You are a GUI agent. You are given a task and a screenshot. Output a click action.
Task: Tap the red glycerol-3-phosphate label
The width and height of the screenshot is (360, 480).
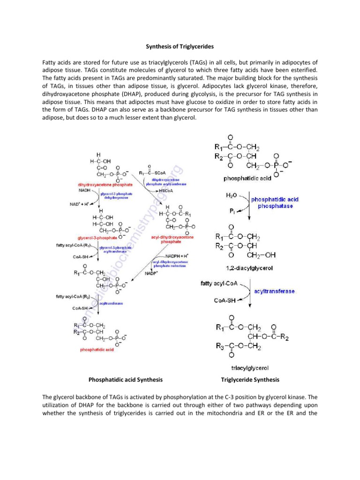coord(97,238)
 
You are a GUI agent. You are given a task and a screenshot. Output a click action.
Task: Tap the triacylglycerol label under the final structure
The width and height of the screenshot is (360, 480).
coord(248,368)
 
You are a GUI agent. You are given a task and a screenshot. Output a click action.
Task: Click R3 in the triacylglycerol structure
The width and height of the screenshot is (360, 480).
coord(219,346)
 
